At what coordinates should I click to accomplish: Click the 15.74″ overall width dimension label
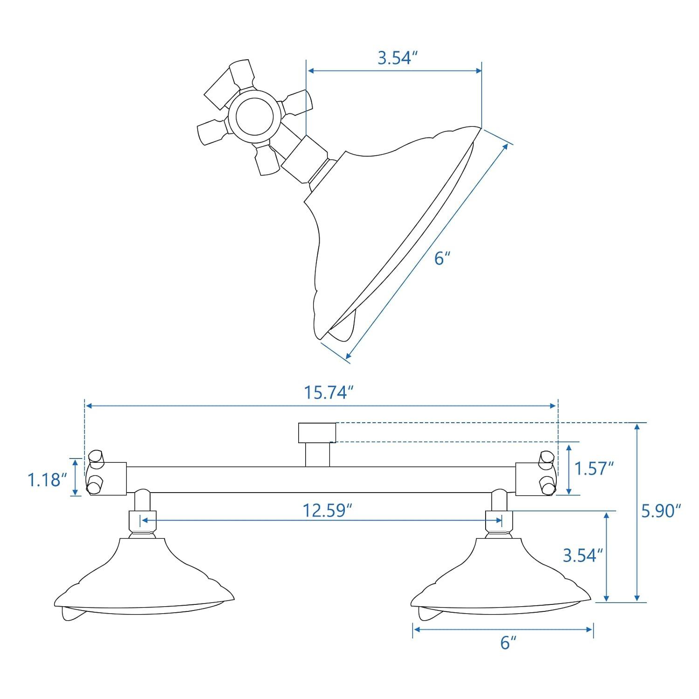point(326,392)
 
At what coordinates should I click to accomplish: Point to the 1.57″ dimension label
point(593,468)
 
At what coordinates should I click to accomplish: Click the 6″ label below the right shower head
point(508,643)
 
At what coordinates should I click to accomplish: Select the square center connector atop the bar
point(317,432)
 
